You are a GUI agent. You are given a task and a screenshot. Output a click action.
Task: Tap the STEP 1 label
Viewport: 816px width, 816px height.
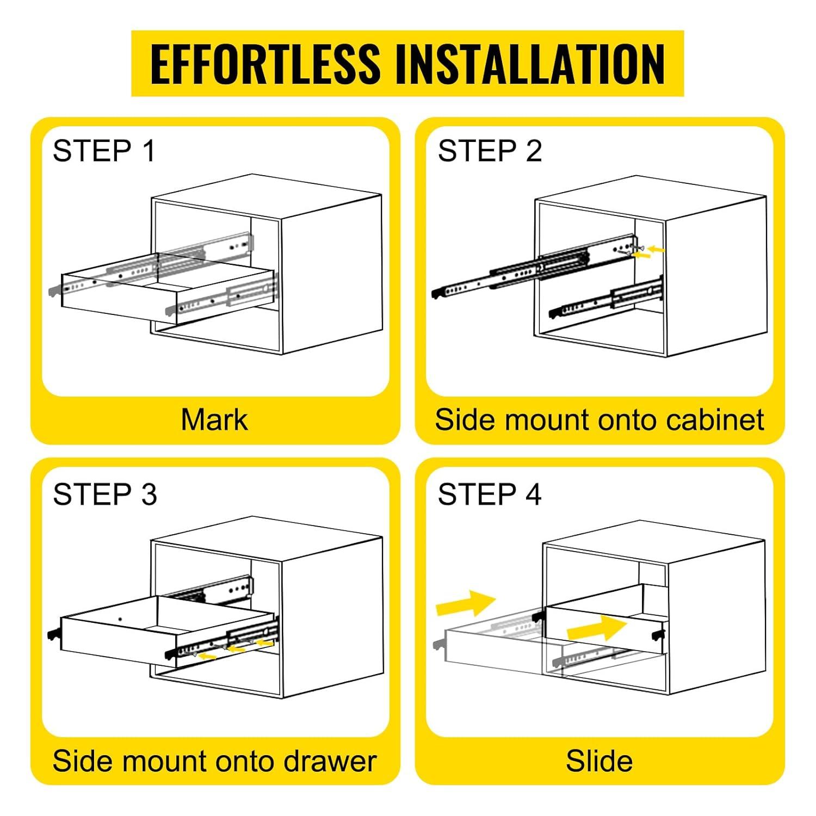click(104, 151)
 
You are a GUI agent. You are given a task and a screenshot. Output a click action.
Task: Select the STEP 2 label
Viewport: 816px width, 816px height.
click(490, 151)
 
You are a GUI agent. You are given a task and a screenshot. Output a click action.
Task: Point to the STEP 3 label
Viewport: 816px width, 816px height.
click(105, 494)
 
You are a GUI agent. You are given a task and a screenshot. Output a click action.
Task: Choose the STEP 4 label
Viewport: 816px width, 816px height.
click(490, 494)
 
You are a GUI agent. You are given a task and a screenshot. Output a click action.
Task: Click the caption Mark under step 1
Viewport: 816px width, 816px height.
click(214, 420)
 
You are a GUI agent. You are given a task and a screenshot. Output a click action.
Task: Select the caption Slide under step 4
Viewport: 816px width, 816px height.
click(599, 761)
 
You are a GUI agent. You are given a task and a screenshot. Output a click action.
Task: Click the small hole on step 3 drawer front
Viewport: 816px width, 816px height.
click(120, 619)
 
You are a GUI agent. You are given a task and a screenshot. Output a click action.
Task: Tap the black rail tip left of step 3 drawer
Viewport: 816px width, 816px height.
click(54, 634)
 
